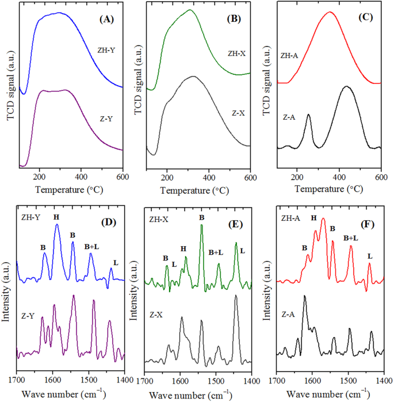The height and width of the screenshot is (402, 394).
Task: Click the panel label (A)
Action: [x=107, y=19]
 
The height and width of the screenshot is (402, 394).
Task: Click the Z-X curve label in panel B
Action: [x=238, y=113]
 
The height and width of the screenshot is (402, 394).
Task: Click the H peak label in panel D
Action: [x=56, y=217]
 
